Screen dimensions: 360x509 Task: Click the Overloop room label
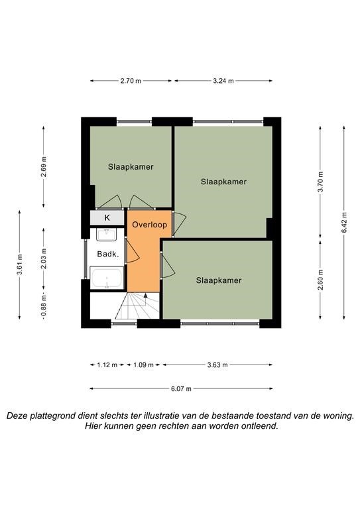150,225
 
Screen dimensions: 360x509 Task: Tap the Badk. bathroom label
108,254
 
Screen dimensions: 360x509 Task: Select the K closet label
107,218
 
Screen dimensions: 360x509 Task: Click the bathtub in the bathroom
107,278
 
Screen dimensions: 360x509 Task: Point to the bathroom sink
107,235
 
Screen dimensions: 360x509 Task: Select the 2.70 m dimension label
131,81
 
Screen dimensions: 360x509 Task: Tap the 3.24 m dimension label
223,81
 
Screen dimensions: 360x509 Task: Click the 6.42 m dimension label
344,222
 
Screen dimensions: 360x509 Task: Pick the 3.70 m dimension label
320,182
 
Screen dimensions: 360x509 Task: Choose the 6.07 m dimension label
181,388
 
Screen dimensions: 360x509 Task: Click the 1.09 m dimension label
143,365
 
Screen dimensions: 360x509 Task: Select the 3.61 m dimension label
20,264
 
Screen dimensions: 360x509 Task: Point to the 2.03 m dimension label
44,258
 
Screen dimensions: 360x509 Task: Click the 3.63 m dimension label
217,365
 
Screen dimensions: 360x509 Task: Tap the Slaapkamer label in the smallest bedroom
131,167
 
